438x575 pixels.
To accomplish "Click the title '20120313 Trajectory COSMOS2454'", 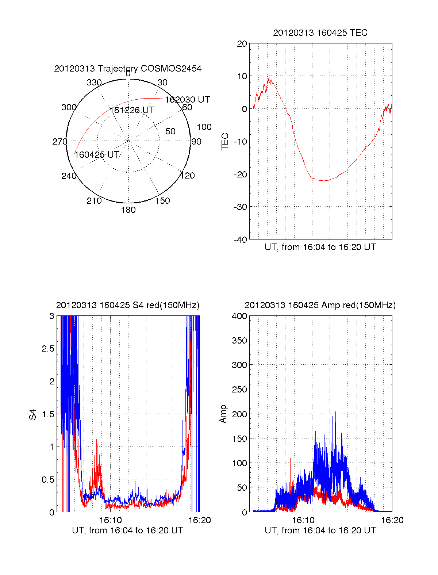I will tap(128, 69).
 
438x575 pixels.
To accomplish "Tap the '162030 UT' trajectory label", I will tap(187, 100).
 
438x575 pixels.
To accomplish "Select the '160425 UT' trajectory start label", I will tap(97, 155).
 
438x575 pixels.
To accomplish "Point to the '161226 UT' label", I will tap(132, 110).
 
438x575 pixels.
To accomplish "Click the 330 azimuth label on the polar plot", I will tap(94, 83).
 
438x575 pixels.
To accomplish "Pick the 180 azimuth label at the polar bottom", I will tap(128, 210).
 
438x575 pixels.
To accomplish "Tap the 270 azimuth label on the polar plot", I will tap(59, 142).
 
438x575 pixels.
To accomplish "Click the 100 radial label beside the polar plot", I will tap(204, 127).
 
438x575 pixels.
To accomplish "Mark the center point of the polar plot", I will tap(128, 141).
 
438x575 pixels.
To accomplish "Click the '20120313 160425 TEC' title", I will tap(320, 33).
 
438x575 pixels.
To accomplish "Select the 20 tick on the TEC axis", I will tap(242, 44).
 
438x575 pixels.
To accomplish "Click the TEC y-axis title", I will tap(225, 142).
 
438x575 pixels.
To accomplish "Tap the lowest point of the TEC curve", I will tap(323, 181).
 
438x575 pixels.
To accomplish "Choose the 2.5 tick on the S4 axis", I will tap(48, 349).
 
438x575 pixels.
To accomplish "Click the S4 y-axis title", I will tap(33, 415).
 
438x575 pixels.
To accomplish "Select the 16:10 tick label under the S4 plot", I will tap(110, 520).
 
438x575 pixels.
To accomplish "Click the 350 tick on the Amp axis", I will tap(239, 341).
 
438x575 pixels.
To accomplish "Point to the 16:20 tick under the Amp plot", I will tap(392, 520).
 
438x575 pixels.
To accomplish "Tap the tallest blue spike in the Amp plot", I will tap(335, 412).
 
